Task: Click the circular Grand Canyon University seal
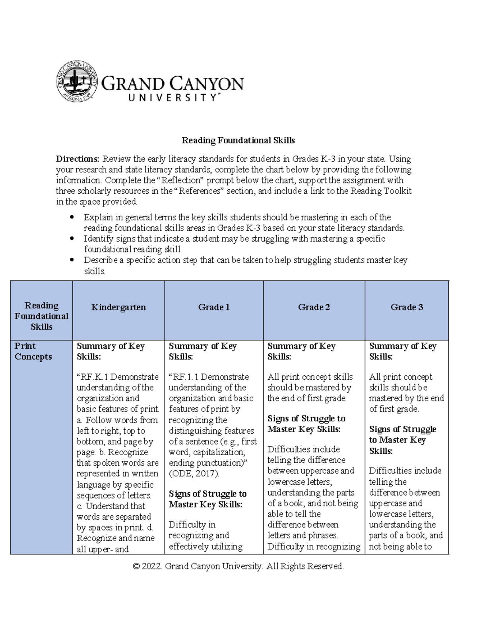77,81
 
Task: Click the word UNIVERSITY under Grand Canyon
172,97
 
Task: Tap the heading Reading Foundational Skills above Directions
238,140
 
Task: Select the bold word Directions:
78,159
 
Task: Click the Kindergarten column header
118,307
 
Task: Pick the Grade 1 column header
214,307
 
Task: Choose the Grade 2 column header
314,307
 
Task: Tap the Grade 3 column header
407,307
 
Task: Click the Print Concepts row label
33,351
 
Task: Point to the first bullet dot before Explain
72,217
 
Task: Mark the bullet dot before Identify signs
72,239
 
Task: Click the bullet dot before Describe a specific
72,260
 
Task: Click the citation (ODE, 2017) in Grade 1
194,474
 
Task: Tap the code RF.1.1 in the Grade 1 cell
186,377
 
